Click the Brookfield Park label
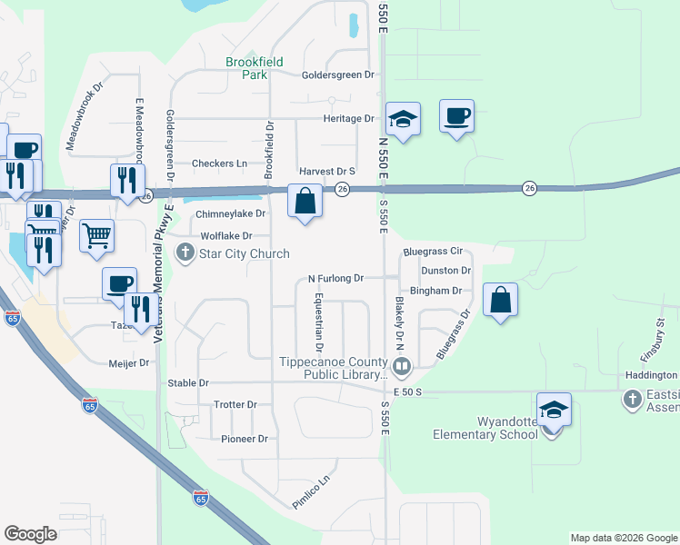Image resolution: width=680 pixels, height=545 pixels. (x=255, y=68)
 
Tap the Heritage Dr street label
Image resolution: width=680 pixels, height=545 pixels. (x=349, y=119)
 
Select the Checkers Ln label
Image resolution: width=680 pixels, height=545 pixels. (x=219, y=163)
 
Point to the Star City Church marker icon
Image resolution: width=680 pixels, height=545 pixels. (x=186, y=253)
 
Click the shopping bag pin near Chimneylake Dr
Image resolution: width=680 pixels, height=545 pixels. (x=305, y=201)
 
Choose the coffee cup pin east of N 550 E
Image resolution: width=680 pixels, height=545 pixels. (x=457, y=116)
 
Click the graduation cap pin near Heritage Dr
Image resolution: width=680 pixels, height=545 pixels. (x=403, y=119)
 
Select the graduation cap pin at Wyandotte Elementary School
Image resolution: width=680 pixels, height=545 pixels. (x=554, y=410)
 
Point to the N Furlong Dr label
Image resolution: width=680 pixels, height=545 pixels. (x=335, y=278)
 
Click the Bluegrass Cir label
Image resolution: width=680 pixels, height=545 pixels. (x=433, y=251)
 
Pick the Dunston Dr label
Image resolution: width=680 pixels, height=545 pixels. (x=445, y=271)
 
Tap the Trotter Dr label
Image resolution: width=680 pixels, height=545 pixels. (x=235, y=404)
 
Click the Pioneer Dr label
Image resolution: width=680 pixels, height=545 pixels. (x=244, y=439)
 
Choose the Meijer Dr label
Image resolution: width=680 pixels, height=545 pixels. (x=129, y=363)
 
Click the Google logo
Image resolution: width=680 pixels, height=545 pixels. (x=30, y=533)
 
